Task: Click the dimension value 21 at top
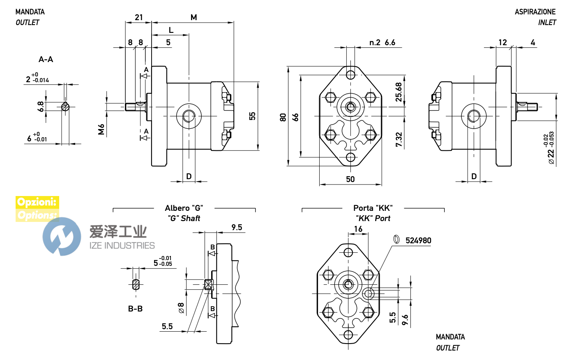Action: pyautogui.click(x=139, y=17)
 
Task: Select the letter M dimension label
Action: pyautogui.click(x=194, y=17)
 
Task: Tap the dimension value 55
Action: pyautogui.click(x=252, y=116)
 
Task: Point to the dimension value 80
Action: pyautogui.click(x=283, y=117)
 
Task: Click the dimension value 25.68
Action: pyautogui.click(x=399, y=92)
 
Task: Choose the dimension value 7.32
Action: pyautogui.click(x=399, y=139)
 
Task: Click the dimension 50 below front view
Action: pyautogui.click(x=350, y=179)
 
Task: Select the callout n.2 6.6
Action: pyautogui.click(x=382, y=42)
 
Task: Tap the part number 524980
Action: pyautogui.click(x=418, y=240)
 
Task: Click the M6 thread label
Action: pyautogui.click(x=101, y=129)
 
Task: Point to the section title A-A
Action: pyautogui.click(x=46, y=60)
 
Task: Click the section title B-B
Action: pyautogui.click(x=135, y=309)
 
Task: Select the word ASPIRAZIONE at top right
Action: pyautogui.click(x=535, y=12)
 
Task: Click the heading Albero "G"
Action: pyautogui.click(x=184, y=208)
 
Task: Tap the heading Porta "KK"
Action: pyautogui.click(x=373, y=208)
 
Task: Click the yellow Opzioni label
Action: pyautogui.click(x=37, y=202)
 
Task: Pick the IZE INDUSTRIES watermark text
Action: pyautogui.click(x=122, y=245)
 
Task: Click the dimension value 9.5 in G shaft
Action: pyautogui.click(x=237, y=227)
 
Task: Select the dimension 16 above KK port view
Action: pyautogui.click(x=358, y=229)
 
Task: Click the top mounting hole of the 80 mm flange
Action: pyautogui.click(x=350, y=75)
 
